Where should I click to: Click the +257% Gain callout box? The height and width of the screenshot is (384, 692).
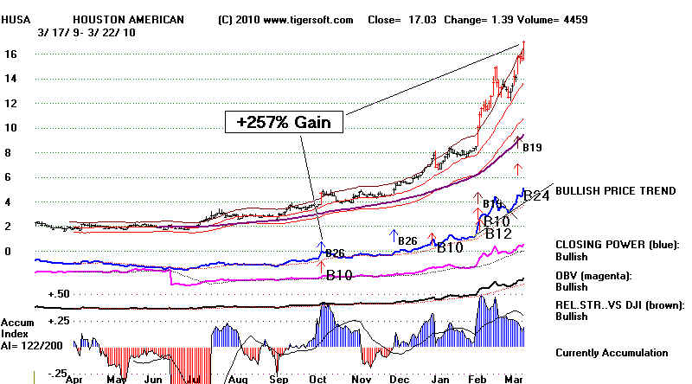tap(285, 123)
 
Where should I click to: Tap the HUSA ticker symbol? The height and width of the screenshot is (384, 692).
tap(15, 18)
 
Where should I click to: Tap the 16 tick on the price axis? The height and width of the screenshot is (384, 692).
tap(11, 54)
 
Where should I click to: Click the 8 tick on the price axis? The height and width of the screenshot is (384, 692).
tap(8, 153)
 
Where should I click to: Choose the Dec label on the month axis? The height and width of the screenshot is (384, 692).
tap(400, 379)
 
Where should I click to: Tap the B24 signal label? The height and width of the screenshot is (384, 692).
tap(537, 196)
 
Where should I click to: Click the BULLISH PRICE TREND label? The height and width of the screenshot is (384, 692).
tap(615, 191)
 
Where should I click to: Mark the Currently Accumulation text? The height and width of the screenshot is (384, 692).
tap(612, 353)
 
